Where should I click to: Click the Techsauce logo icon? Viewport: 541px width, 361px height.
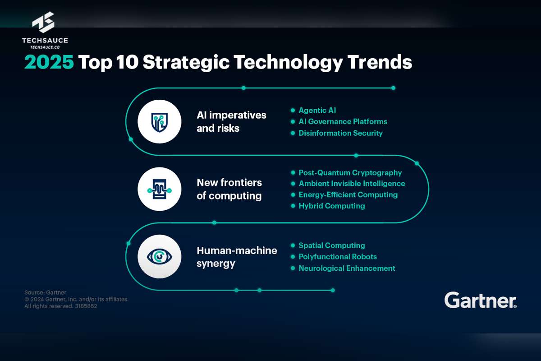[43, 22]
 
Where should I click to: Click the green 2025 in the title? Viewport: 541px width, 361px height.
[49, 62]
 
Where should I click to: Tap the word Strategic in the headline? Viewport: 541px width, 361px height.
[186, 63]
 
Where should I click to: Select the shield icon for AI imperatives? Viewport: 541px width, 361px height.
[160, 122]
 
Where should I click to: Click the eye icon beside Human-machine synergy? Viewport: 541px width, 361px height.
[160, 257]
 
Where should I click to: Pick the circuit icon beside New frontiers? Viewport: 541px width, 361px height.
[160, 189]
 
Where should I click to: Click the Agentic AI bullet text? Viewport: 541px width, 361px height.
[317, 111]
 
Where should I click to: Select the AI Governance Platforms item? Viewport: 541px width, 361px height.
[343, 122]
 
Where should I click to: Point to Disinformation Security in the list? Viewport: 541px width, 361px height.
[340, 133]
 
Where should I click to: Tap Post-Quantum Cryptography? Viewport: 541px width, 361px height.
[350, 173]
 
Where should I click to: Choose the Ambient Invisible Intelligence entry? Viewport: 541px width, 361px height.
[352, 184]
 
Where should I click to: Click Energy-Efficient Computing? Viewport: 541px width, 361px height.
[348, 195]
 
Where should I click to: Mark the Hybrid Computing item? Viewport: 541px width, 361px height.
[332, 206]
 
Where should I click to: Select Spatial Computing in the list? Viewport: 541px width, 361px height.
[332, 245]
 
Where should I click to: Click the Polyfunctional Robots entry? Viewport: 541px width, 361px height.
[338, 257]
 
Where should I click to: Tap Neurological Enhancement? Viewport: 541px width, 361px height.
[347, 268]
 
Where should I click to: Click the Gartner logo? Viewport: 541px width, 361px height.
[481, 300]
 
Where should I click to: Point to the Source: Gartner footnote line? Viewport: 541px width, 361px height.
[45, 292]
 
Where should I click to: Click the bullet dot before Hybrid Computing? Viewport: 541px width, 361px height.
[293, 206]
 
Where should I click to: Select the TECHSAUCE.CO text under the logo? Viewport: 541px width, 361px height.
[45, 47]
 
